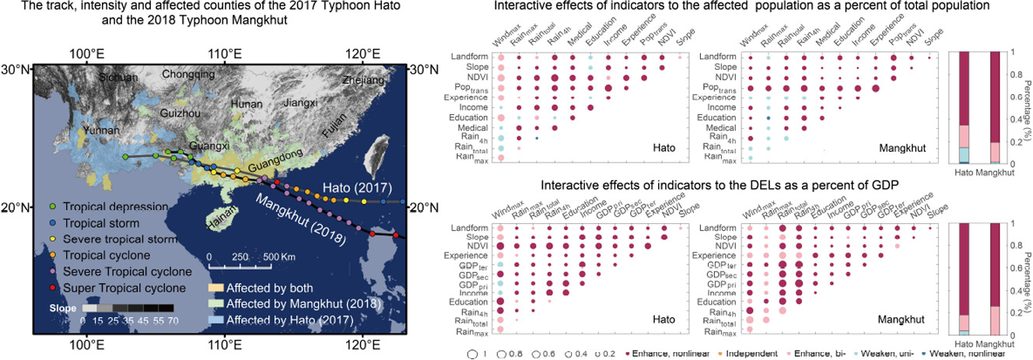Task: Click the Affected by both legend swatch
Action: [x=218, y=288]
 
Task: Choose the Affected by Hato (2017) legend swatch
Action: [x=218, y=318]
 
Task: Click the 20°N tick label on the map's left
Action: [x=15, y=207]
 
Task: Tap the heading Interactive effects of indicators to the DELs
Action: [x=695, y=186]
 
